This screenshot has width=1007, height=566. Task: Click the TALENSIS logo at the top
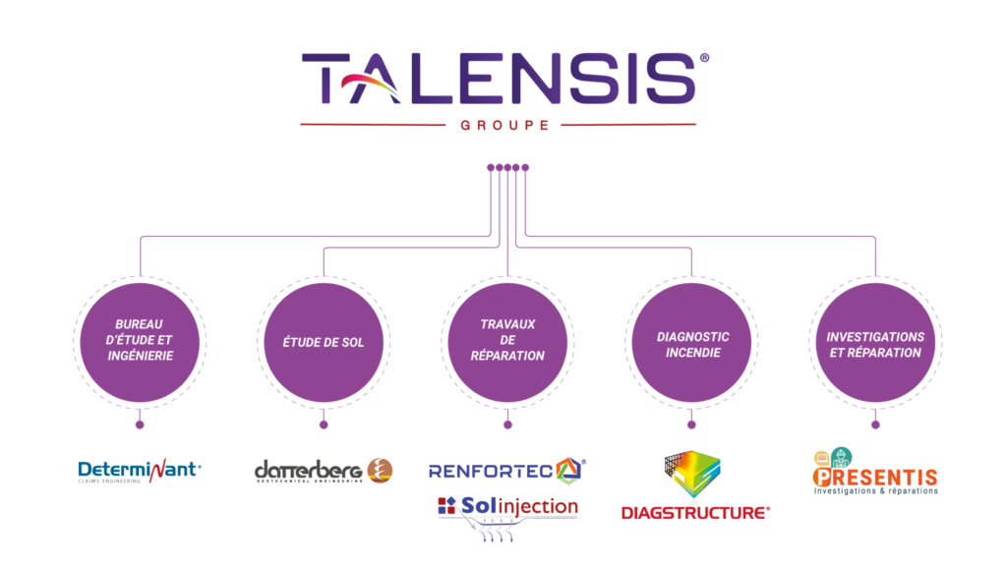pyautogui.click(x=499, y=79)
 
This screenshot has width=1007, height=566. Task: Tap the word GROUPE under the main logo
pyautogui.click(x=503, y=125)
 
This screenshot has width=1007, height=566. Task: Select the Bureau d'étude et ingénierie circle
pyautogui.click(x=140, y=341)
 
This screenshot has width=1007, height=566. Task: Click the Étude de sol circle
pyautogui.click(x=324, y=342)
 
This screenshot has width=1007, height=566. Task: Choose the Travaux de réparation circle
pyautogui.click(x=507, y=341)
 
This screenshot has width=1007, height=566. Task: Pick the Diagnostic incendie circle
pyautogui.click(x=691, y=343)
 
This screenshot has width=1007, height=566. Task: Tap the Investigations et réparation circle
pyautogui.click(x=875, y=343)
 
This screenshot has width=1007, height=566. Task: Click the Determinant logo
pyautogui.click(x=139, y=472)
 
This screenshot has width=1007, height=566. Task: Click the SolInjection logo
pyautogui.click(x=507, y=510)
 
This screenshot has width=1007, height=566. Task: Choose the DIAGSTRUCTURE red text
pyautogui.click(x=694, y=512)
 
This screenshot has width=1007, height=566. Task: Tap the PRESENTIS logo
pyautogui.click(x=875, y=477)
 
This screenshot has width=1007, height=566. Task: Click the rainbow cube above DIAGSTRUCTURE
pyautogui.click(x=696, y=475)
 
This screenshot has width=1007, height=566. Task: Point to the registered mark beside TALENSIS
pyautogui.click(x=703, y=58)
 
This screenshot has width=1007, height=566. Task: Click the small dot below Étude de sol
pyautogui.click(x=324, y=424)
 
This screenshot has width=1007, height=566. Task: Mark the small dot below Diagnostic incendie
pyautogui.click(x=691, y=424)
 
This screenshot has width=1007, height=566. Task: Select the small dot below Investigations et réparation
pyautogui.click(x=875, y=424)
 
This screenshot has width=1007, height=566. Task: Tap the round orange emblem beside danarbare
pyautogui.click(x=380, y=470)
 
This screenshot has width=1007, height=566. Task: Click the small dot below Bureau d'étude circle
pyautogui.click(x=140, y=424)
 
